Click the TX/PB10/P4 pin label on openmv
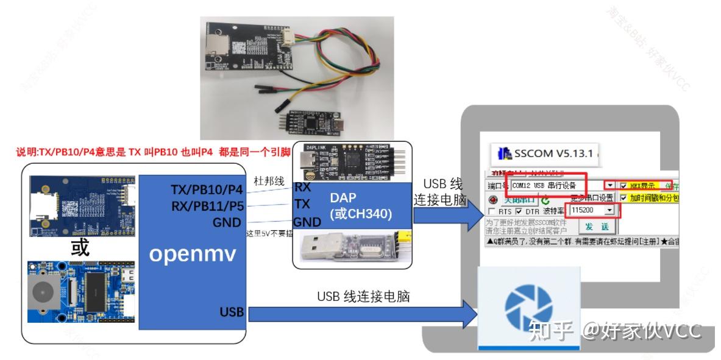tap(207, 190)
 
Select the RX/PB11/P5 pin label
tap(207, 206)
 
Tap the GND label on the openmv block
tap(227, 222)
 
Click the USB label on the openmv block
tap(232, 312)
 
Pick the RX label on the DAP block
tap(303, 187)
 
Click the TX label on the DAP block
tap(303, 203)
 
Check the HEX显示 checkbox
tap(623, 185)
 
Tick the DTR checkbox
tap(519, 211)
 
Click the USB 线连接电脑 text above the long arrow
tap(363, 297)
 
